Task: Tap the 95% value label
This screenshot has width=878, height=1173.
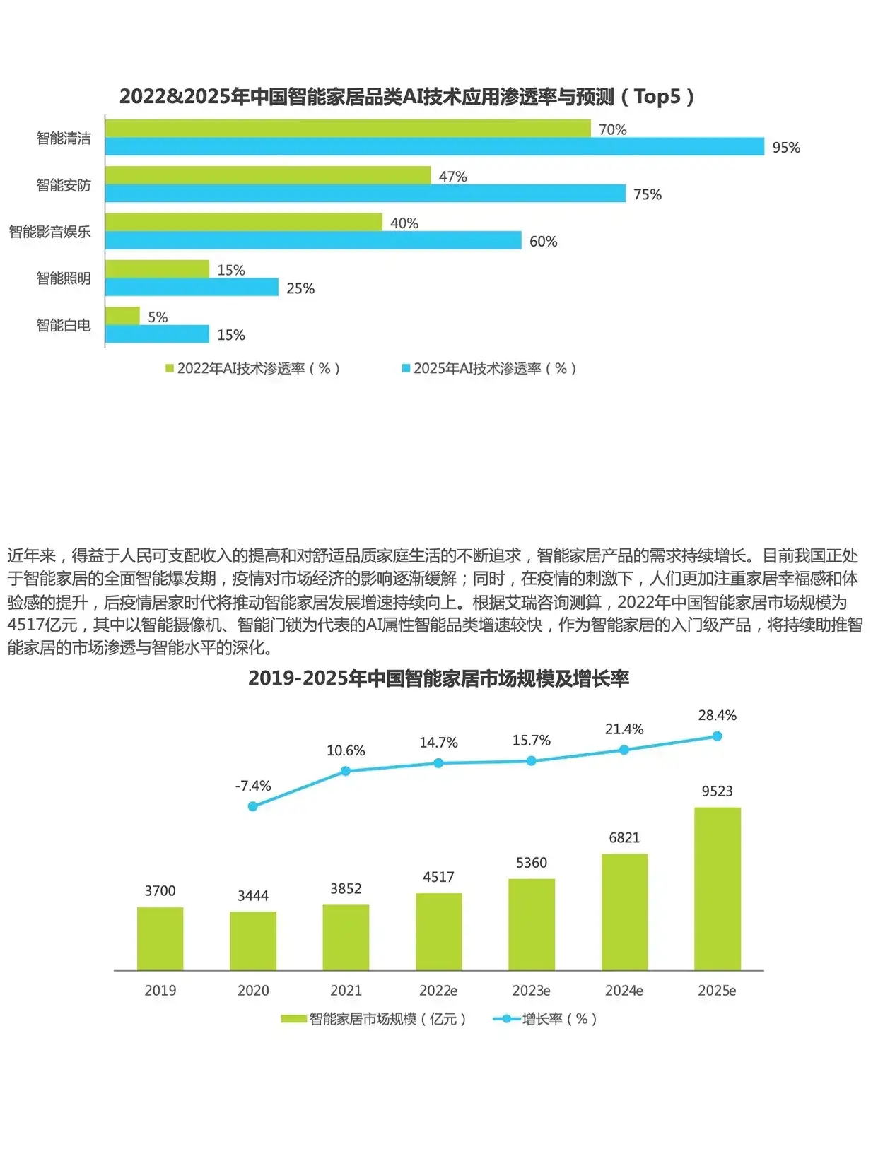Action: coord(786,148)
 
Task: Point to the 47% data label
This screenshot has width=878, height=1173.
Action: coord(452,177)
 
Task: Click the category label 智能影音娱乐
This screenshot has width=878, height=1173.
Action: coord(49,232)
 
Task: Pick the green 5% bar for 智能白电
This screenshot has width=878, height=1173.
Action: coord(122,316)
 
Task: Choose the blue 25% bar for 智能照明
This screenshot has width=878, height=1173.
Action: coord(192,287)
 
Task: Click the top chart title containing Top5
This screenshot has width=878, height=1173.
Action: coord(406,97)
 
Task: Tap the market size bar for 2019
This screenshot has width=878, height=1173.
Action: coord(160,938)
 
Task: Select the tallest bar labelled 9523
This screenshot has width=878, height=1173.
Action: coord(717,888)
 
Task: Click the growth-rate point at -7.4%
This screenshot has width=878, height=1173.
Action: coord(253,806)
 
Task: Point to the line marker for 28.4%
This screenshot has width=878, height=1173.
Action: coord(717,736)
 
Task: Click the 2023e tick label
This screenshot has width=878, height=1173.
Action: coord(531,991)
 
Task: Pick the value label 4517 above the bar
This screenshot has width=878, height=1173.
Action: coord(438,877)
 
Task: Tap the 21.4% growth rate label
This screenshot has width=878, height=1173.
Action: coord(624,729)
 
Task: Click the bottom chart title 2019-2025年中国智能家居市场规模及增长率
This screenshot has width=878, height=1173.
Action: coord(438,678)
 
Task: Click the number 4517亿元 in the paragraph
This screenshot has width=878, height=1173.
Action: coord(42,625)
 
